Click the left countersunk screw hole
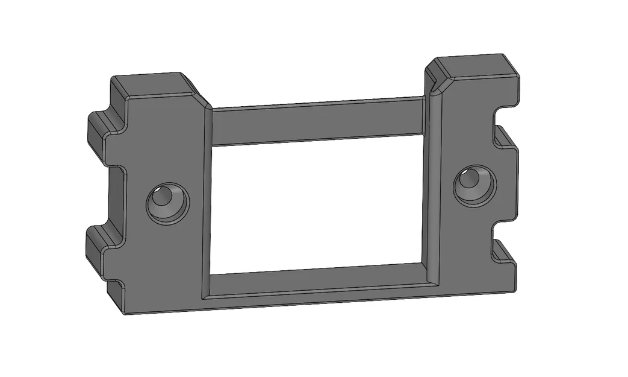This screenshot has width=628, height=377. (x=167, y=203)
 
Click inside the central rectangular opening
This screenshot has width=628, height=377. (x=319, y=205)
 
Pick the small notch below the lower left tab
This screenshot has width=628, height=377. (x=117, y=284)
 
